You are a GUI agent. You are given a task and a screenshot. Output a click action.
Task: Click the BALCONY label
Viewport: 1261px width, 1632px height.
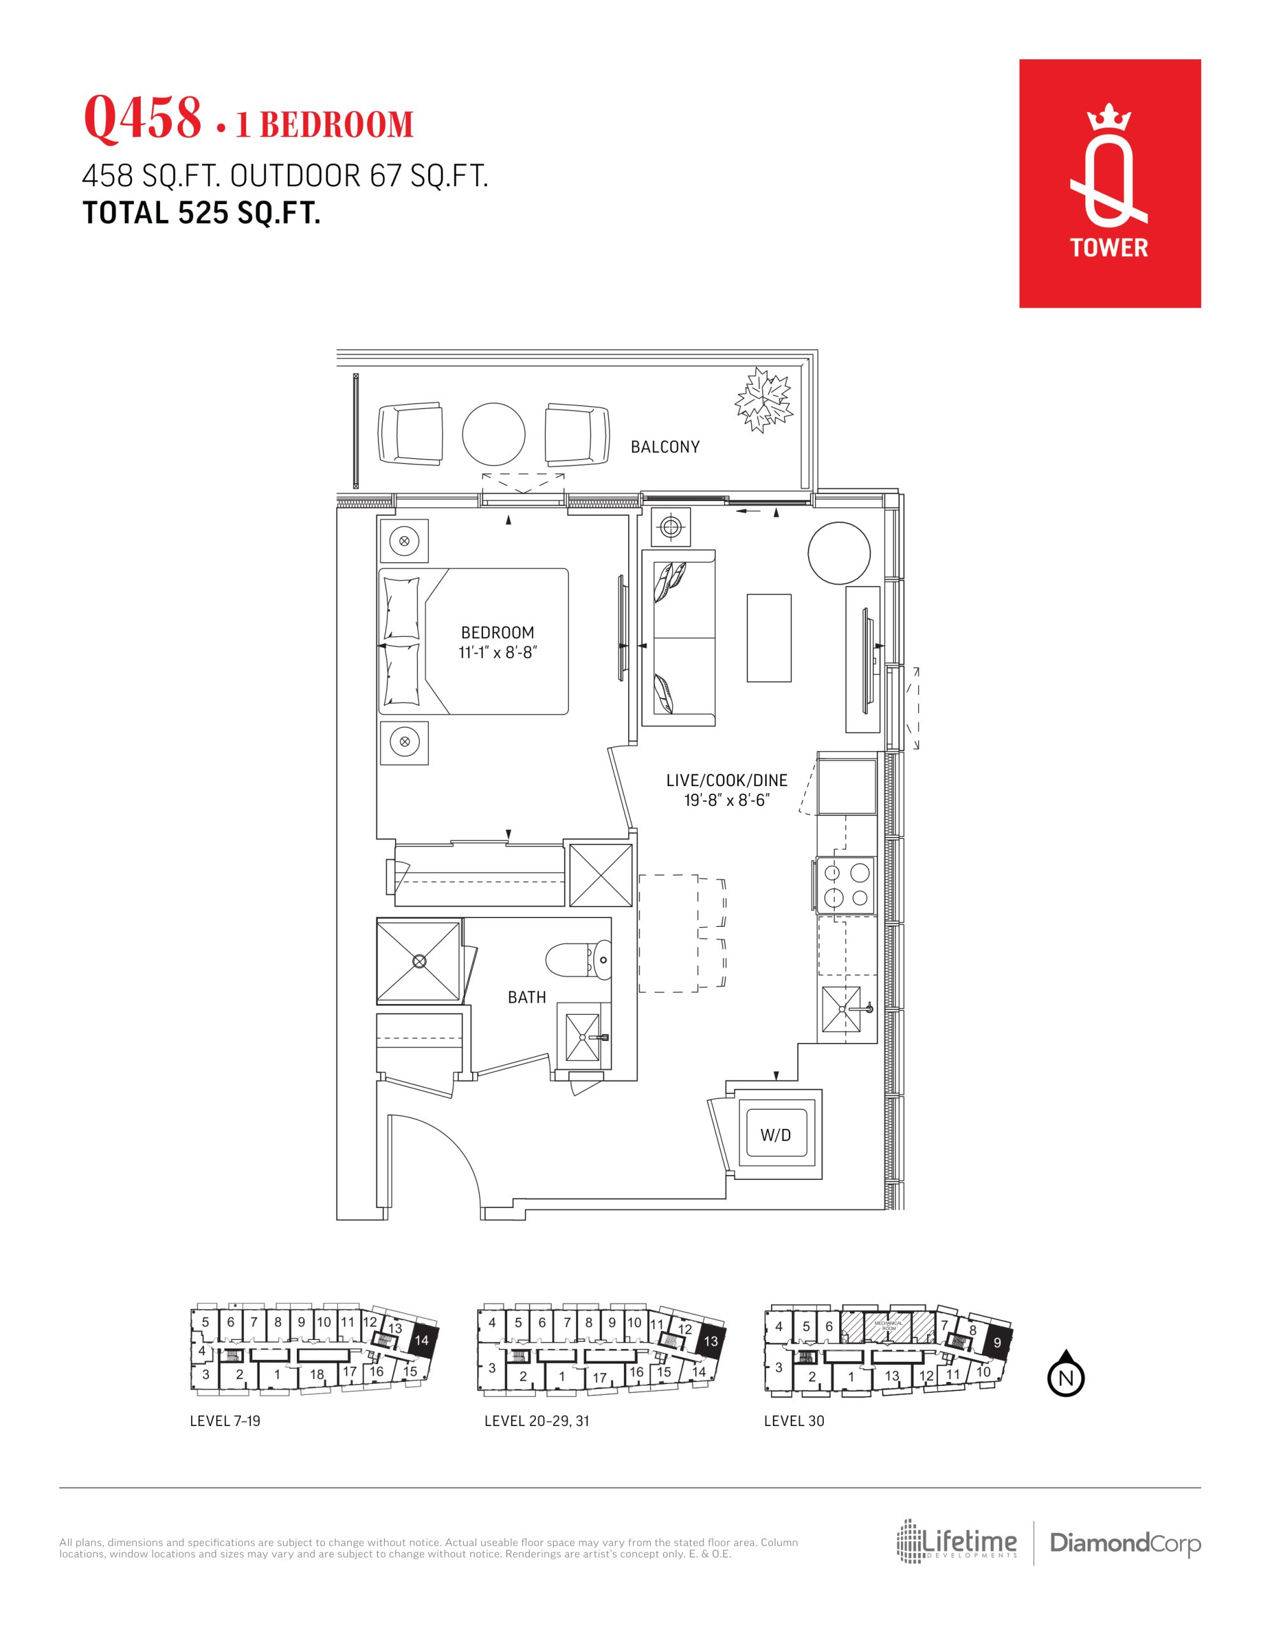[665, 447]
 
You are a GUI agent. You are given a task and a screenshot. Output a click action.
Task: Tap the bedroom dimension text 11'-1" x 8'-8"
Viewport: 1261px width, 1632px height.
[498, 652]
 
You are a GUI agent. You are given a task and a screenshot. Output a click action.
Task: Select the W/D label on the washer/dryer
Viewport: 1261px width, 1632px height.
[775, 1135]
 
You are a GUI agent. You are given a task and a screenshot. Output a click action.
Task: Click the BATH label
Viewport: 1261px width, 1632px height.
[527, 997]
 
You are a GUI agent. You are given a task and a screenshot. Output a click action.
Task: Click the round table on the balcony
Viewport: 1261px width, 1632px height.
[494, 434]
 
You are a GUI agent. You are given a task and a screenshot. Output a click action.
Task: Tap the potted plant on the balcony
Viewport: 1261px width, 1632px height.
[763, 399]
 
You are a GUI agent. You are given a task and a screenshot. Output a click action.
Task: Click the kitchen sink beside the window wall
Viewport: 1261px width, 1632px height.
[849, 1013]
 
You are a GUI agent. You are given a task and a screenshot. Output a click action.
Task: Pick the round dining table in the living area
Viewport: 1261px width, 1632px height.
[839, 553]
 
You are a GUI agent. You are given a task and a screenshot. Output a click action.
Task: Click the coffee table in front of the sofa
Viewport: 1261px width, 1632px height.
[768, 637]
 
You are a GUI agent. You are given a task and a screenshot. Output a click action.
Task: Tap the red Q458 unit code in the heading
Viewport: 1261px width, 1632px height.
[143, 118]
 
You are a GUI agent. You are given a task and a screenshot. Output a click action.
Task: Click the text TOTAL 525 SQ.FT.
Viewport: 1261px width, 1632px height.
[202, 214]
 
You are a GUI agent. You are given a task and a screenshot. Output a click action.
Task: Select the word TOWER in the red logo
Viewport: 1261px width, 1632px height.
[1109, 247]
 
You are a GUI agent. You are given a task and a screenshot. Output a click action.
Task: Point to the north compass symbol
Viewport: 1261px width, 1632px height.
[1066, 1376]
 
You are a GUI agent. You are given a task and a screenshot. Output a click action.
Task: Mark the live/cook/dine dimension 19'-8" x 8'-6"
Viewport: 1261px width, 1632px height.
[726, 800]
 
